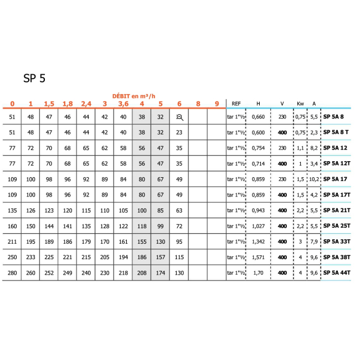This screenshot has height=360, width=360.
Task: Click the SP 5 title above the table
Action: (34, 79)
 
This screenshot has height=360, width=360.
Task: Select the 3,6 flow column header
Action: (123, 104)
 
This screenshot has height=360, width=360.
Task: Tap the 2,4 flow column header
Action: (86, 104)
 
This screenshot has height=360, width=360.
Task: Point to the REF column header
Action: (236, 104)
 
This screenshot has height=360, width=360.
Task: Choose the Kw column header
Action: (300, 104)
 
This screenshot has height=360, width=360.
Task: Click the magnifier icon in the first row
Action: (179, 117)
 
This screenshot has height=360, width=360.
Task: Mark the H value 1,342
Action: (259, 241)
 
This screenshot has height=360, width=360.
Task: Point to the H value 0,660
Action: (259, 117)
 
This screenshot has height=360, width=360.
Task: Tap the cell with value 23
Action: (179, 133)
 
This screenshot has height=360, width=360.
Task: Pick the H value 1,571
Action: (259, 257)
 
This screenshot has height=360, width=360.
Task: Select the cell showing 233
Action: (30, 257)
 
